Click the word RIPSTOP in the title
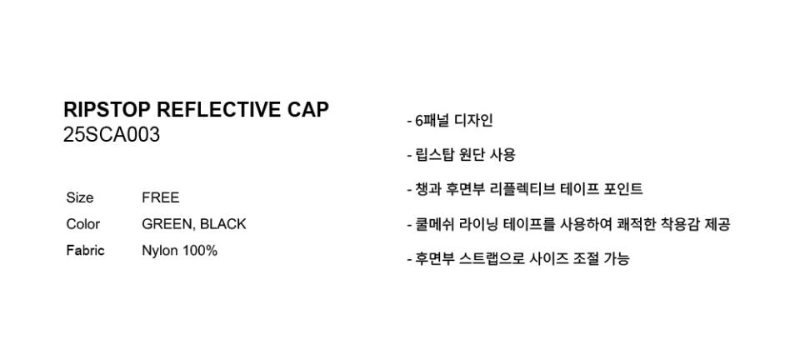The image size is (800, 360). [107, 110]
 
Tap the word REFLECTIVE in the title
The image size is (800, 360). [217, 110]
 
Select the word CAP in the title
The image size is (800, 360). [307, 110]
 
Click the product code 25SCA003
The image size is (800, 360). [112, 135]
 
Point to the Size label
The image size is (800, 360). [80, 197]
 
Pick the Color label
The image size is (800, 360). [83, 224]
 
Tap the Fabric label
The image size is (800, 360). [85, 251]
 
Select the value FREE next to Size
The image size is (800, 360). [161, 197]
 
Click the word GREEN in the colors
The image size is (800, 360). [167, 224]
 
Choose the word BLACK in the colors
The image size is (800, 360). [223, 224]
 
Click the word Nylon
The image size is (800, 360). [160, 252]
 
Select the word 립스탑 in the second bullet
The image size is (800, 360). [433, 155]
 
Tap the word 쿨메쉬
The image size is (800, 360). [432, 224]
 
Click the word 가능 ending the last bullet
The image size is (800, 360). [617, 258]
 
